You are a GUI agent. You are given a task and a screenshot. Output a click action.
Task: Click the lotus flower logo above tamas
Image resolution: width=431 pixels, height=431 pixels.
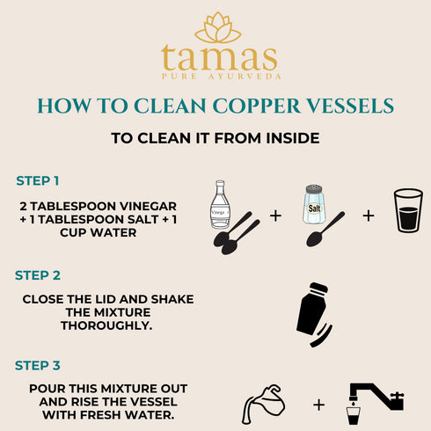coord(217,27)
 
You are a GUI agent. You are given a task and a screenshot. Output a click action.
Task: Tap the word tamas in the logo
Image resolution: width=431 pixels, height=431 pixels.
coord(219,59)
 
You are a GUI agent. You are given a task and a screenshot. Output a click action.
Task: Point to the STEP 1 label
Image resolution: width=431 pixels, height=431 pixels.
coord(38,180)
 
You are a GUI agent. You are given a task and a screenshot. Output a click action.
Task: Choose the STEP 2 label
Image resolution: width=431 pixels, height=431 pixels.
coord(38,275)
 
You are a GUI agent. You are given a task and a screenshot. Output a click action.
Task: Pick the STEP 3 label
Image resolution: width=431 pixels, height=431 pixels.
coord(38,364)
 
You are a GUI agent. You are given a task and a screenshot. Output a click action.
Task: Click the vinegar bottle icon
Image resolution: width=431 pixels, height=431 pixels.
coord(220,204)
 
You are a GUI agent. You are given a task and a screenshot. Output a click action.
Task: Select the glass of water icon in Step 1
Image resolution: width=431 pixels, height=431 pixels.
coord(407,211)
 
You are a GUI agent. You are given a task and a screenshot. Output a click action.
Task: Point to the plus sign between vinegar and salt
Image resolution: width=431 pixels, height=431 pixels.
coord(275,215)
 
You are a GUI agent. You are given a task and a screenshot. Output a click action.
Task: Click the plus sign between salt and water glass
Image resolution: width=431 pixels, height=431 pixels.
coord(368,215)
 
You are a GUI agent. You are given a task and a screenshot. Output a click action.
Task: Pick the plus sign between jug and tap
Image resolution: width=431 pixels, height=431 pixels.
coord(318,405)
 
